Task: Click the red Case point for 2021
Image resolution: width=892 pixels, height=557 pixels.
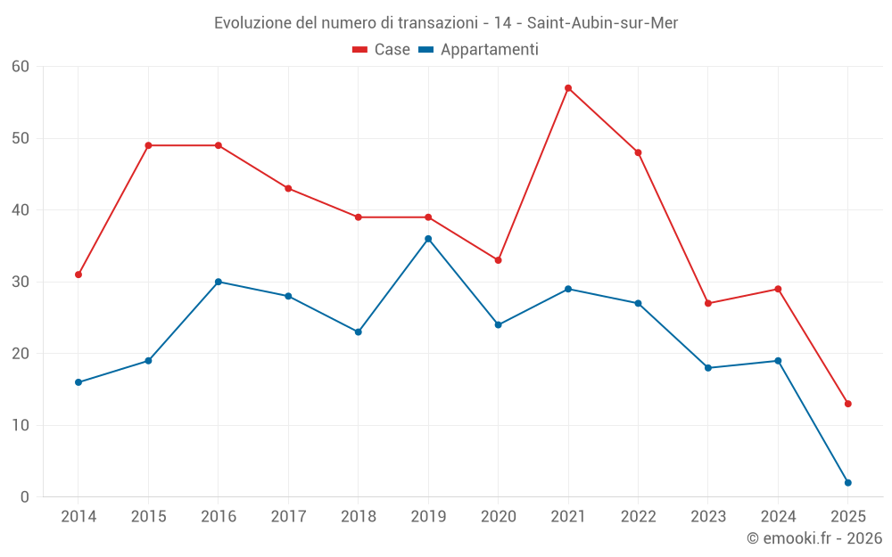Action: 568,88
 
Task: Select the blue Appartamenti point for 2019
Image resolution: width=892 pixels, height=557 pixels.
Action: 428,239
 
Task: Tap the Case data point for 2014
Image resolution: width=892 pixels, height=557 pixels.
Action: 78,274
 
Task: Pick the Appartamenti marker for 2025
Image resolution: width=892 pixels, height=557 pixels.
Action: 848,483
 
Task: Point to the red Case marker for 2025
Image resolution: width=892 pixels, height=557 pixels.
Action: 848,404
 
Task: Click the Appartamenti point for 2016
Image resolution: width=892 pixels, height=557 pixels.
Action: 219,282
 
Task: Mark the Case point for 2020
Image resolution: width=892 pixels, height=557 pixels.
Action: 498,260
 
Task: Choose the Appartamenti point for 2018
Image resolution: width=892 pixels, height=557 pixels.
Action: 359,332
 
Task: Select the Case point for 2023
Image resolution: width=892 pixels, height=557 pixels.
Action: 708,303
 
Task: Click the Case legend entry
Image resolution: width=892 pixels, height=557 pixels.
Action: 382,50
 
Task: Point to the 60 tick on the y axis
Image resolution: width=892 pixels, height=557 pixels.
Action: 21,67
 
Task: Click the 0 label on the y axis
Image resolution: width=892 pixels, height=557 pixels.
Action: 25,497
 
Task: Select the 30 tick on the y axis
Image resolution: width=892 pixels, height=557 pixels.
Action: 21,282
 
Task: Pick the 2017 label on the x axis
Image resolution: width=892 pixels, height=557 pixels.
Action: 288,517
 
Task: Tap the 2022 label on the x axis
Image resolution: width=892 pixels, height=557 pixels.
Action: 638,517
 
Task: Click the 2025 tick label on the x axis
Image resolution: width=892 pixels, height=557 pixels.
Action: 848,517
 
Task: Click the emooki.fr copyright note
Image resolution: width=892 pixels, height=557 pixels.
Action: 814,538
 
